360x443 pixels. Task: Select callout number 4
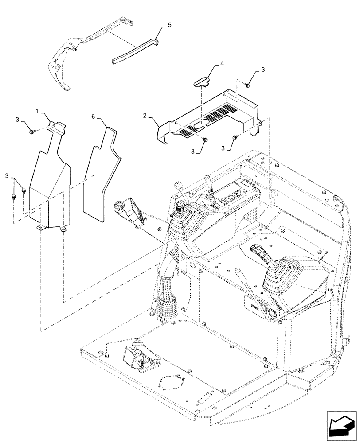pyautogui.click(x=222, y=64)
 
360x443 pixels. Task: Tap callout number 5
pyautogui.click(x=168, y=26)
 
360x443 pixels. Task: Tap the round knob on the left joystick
pyautogui.click(x=181, y=206)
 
